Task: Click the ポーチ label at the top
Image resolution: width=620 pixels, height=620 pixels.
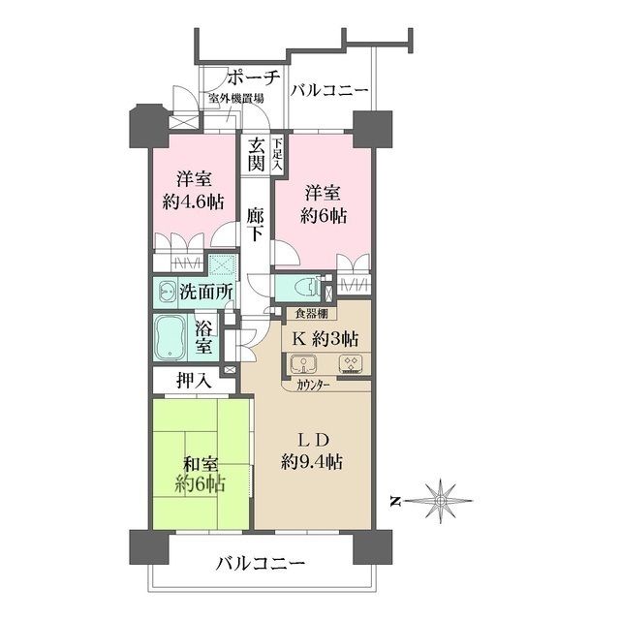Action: pyautogui.click(x=253, y=77)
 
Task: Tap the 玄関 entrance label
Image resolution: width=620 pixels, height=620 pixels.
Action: pyautogui.click(x=256, y=154)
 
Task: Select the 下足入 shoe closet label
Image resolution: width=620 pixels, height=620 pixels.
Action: pyautogui.click(x=278, y=155)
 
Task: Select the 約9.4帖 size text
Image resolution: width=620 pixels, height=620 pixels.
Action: pyautogui.click(x=313, y=462)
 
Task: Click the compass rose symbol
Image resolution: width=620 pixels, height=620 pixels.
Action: pyautogui.click(x=440, y=501)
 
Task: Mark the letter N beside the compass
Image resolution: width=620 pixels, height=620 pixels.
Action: pyautogui.click(x=396, y=501)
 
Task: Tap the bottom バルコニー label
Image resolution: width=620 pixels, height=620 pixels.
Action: pyautogui.click(x=260, y=563)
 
